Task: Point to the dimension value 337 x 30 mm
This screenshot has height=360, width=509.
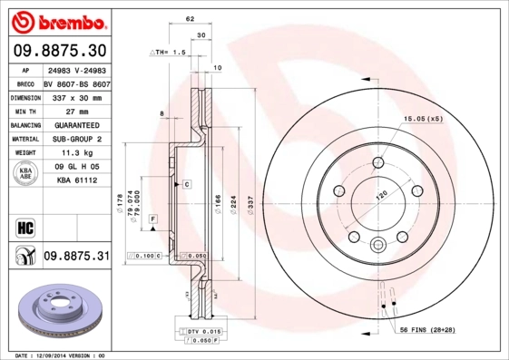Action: coord(73,96)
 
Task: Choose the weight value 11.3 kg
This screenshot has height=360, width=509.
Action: coord(63,153)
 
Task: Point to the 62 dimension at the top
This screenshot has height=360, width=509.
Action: coord(190,17)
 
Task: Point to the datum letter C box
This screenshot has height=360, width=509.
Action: coord(186,184)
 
